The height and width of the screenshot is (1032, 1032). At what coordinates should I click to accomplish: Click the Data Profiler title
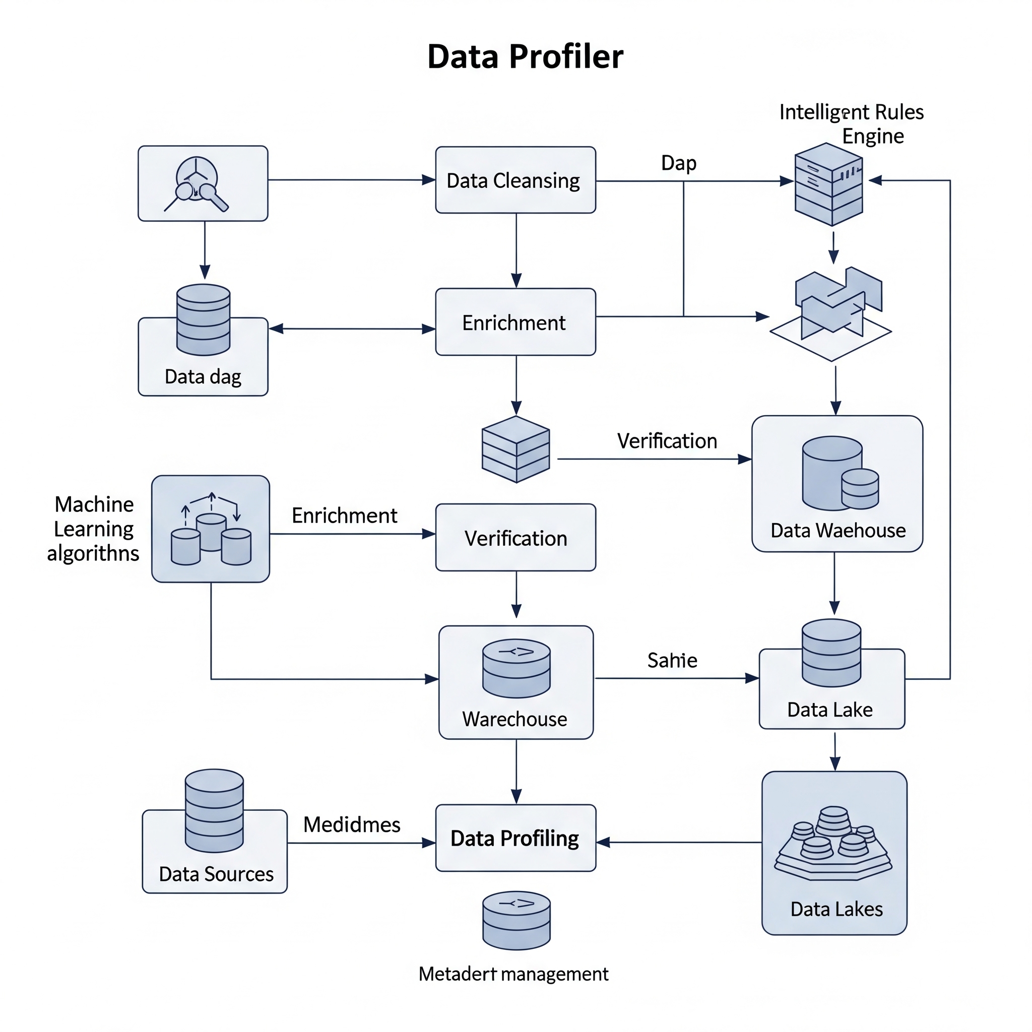click(x=525, y=56)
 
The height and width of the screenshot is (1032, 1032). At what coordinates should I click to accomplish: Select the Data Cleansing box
click(x=515, y=180)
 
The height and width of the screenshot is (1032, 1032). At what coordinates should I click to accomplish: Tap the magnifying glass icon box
click(x=203, y=183)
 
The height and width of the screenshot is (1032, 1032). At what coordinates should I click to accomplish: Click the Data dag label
click(x=203, y=376)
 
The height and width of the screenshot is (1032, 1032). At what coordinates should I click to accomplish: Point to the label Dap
click(x=678, y=163)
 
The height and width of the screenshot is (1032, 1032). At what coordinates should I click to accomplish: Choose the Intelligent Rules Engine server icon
click(x=828, y=184)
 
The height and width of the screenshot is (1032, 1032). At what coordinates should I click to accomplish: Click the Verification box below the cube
click(x=515, y=538)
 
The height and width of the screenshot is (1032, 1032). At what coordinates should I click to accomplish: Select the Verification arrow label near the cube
click(x=667, y=441)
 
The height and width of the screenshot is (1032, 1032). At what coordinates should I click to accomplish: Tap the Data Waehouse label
click(x=838, y=531)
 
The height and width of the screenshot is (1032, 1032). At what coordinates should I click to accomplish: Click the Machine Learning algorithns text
click(x=94, y=529)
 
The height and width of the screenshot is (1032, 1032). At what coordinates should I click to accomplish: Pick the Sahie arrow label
click(x=672, y=661)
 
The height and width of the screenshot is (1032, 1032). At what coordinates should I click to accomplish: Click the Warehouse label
click(x=515, y=719)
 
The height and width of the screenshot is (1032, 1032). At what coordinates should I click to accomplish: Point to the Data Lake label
click(x=830, y=710)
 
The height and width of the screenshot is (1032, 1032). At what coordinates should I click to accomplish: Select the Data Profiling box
click(x=515, y=838)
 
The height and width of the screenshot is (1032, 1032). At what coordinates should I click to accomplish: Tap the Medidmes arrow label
click(x=352, y=825)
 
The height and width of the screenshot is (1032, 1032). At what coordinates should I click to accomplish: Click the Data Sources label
click(x=216, y=874)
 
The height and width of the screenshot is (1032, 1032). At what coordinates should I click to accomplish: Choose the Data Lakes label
click(x=836, y=909)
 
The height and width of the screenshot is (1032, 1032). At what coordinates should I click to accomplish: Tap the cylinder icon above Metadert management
click(x=517, y=920)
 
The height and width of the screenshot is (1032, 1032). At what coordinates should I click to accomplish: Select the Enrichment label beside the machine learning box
click(x=345, y=516)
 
